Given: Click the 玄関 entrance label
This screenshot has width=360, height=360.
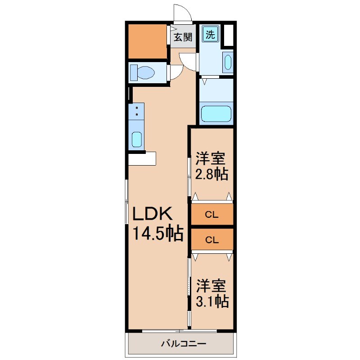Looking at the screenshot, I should tap(183, 37).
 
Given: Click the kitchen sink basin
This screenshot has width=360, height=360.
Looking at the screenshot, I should tap(136, 140).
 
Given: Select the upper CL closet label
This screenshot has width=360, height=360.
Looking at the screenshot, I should tap(212, 215).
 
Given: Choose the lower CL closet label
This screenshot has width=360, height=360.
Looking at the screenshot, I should tap(212, 240).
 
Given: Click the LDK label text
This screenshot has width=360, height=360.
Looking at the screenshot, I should tap(153, 213).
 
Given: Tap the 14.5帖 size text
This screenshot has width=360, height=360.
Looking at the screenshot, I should tap(157, 233).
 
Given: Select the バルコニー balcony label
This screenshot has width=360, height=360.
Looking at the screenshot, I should tap(182, 344).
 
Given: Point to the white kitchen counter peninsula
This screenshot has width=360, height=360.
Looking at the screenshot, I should tap(142, 159).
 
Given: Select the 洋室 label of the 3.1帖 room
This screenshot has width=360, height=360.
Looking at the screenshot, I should tap(211, 286).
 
